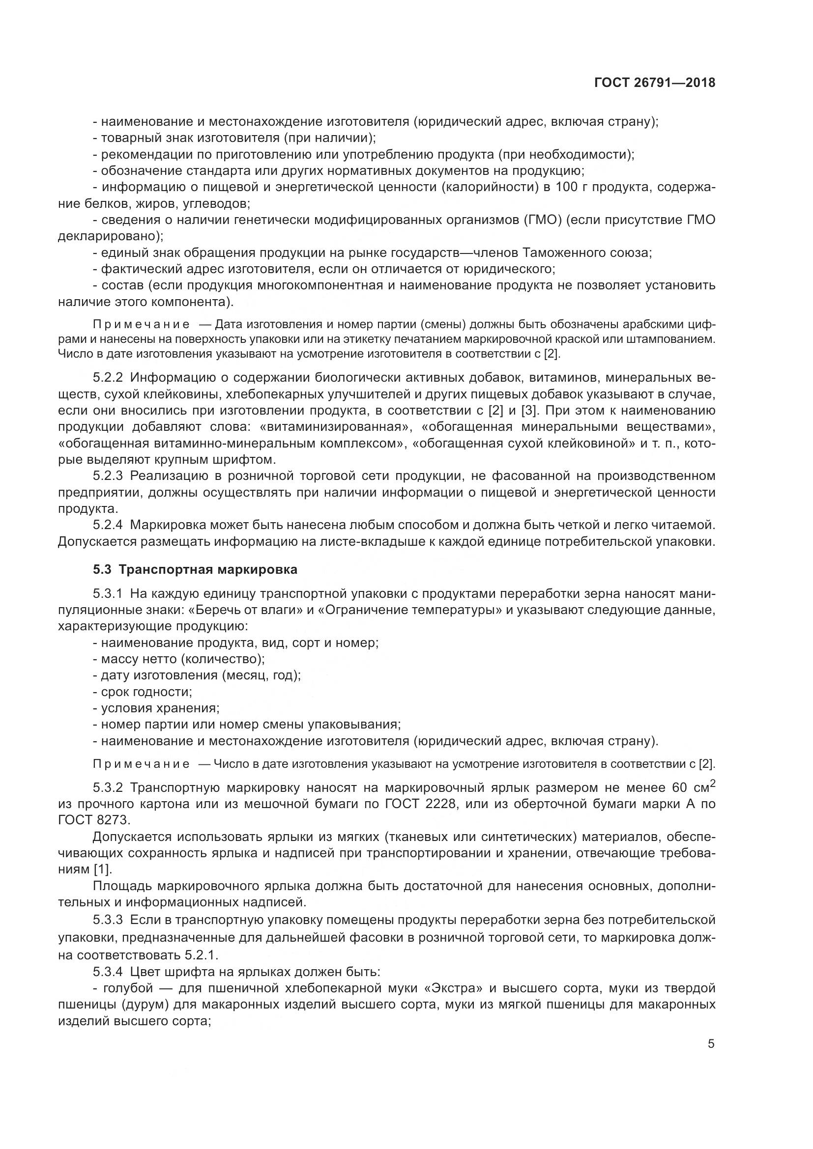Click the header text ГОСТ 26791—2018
click(x=654, y=83)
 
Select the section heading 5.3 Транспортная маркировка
click(x=195, y=569)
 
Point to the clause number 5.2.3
click(x=108, y=476)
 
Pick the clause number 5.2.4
click(x=108, y=525)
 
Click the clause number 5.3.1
click(x=108, y=594)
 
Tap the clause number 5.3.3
click(x=108, y=920)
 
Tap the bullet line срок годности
click(x=146, y=692)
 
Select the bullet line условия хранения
click(x=160, y=709)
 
